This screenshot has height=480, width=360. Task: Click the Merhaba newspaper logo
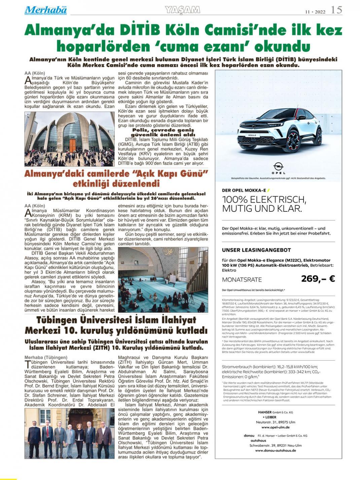(x=45, y=10)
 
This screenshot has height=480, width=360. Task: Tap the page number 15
(x=336, y=10)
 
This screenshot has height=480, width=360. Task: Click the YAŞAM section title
(x=183, y=10)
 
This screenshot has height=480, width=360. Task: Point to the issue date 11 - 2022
(x=315, y=11)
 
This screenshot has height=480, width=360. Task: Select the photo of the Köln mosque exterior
(x=69, y=139)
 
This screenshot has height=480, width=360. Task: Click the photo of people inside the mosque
(x=163, y=279)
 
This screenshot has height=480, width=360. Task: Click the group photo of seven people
(x=69, y=433)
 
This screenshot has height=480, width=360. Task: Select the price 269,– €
(x=318, y=279)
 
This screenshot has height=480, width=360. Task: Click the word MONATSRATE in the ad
(x=242, y=280)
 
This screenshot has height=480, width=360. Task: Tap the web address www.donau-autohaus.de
(x=275, y=450)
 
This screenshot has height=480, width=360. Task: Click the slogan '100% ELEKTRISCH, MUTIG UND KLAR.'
(x=264, y=204)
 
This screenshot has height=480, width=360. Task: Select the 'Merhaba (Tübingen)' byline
(x=46, y=357)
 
